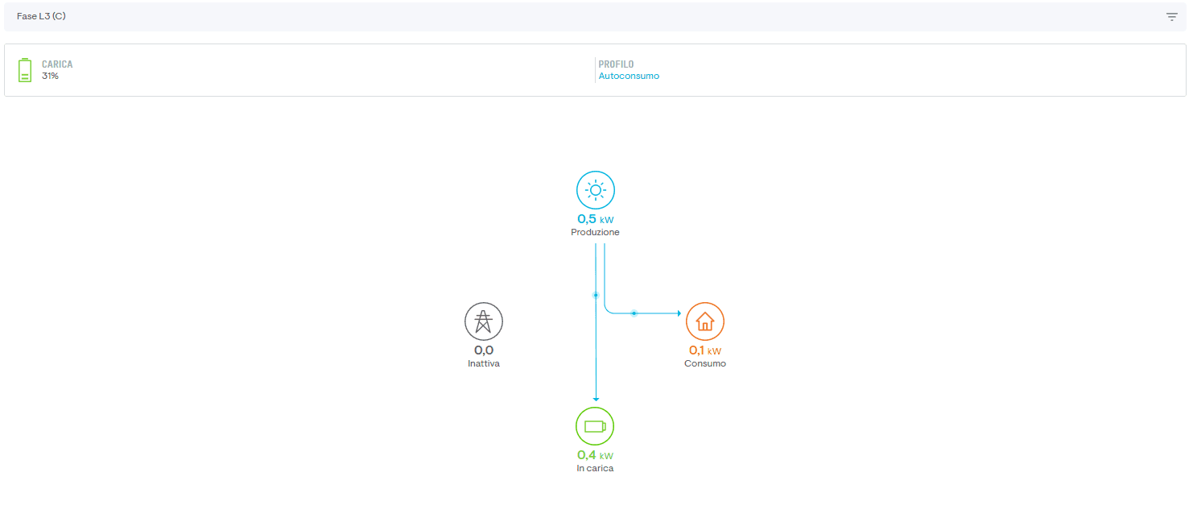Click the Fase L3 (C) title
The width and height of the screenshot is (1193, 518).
pyautogui.click(x=41, y=16)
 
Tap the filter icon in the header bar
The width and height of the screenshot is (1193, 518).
pyautogui.click(x=1172, y=17)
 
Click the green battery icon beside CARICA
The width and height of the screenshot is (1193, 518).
pyautogui.click(x=24, y=70)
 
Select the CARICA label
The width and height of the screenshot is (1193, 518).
pyautogui.click(x=57, y=64)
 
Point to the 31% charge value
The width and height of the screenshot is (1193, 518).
pyautogui.click(x=50, y=76)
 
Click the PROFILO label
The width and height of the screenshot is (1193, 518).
pyautogui.click(x=616, y=64)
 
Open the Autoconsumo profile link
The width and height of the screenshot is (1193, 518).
pyautogui.click(x=629, y=76)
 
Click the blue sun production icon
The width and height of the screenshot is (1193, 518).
pyautogui.click(x=596, y=190)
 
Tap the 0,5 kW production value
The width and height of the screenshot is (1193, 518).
pyautogui.click(x=596, y=219)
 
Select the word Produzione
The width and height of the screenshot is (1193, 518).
pyautogui.click(x=595, y=232)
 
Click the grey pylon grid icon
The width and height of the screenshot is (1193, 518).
pyautogui.click(x=484, y=321)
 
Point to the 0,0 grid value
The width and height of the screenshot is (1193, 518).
pyautogui.click(x=484, y=350)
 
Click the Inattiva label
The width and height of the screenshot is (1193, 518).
pyautogui.click(x=484, y=363)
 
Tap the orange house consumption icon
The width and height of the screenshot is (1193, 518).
pyautogui.click(x=705, y=321)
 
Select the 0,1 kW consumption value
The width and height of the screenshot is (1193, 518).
pyautogui.click(x=705, y=350)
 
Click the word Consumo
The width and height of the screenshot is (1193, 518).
pyautogui.click(x=705, y=363)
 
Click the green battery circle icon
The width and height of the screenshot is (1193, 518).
pyautogui.click(x=595, y=426)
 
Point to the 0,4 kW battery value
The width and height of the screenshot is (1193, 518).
pyautogui.click(x=595, y=455)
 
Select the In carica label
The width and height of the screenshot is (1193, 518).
pyautogui.click(x=595, y=468)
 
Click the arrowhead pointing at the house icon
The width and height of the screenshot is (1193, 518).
pyautogui.click(x=679, y=313)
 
